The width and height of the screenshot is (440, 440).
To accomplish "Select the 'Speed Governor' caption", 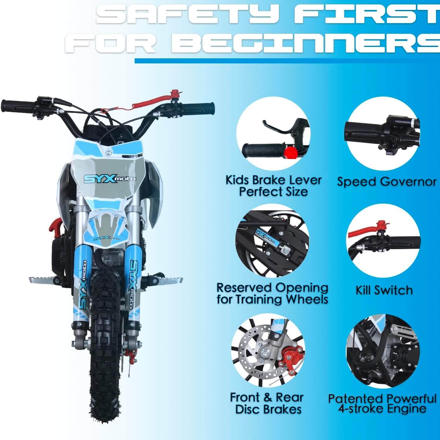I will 386,182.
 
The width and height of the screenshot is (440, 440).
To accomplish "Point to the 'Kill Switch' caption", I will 384,290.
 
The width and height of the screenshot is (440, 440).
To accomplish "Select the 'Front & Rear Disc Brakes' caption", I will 267,403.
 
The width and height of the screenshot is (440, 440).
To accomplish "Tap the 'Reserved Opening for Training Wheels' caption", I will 272,293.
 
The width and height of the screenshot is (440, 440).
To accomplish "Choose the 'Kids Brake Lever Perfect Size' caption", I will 273,186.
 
